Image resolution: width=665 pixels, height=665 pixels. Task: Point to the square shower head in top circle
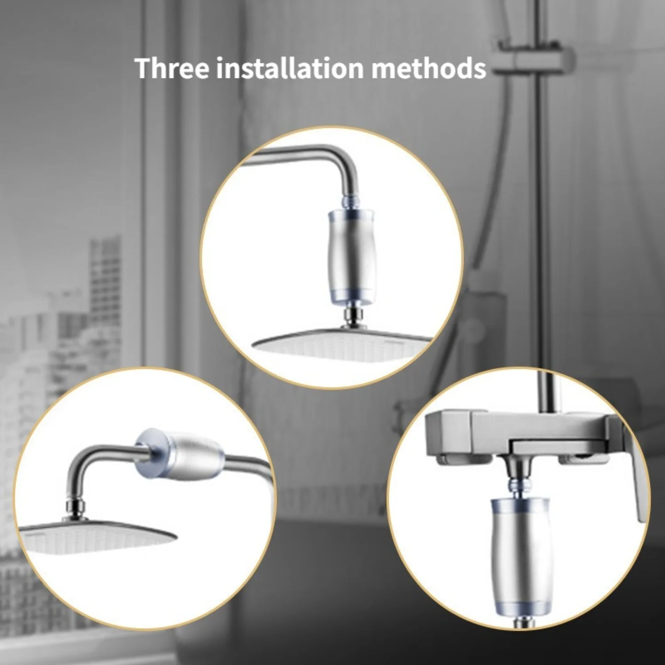coord(341,344)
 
